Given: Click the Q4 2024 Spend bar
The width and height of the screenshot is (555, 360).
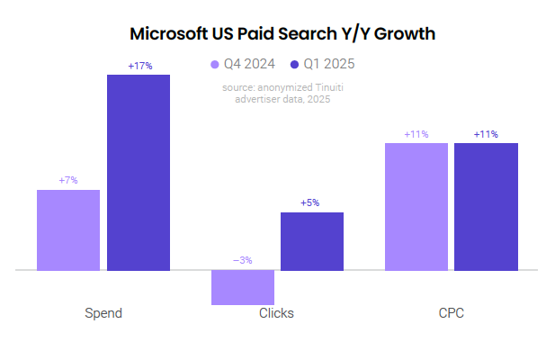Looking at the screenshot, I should [x=68, y=229].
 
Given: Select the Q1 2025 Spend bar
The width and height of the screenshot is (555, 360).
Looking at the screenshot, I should [x=139, y=172].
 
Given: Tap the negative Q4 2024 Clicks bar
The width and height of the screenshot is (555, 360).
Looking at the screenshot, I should [x=243, y=287].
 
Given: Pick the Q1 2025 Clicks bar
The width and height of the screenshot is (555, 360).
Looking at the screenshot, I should [x=312, y=241].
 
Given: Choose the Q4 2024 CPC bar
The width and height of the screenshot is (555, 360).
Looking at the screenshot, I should [x=416, y=206].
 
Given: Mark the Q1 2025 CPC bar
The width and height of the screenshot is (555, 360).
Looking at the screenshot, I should [x=486, y=206].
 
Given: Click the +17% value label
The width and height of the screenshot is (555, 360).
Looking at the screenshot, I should [x=139, y=66].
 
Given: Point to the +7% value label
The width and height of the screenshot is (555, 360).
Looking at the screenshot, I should [x=68, y=181].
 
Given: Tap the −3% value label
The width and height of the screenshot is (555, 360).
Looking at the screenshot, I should [x=243, y=260].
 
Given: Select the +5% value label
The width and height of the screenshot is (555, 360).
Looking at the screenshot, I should [x=310, y=202].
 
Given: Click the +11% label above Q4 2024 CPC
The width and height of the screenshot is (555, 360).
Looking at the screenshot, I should [x=416, y=134].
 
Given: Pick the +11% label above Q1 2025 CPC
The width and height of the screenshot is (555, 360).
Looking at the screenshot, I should [x=486, y=134].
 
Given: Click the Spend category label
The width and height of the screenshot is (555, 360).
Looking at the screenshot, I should [x=103, y=313].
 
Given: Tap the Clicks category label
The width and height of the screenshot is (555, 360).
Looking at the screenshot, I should [x=276, y=313].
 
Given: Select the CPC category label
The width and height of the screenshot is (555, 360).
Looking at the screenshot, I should [x=451, y=313].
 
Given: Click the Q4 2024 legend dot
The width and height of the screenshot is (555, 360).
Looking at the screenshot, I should [x=215, y=64].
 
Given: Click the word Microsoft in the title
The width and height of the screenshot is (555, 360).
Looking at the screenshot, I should [x=173, y=34].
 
